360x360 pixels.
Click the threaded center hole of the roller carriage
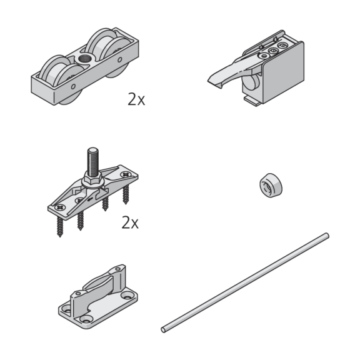click(x=85, y=59)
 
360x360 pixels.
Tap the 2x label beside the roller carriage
click(x=136, y=99)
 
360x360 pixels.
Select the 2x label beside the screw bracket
click(x=130, y=222)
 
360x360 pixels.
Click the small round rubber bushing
click(x=271, y=186)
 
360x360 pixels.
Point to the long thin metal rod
click(x=245, y=283)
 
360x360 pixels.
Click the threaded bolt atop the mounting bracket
click(x=93, y=162)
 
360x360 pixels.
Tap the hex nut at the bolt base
click(x=94, y=177)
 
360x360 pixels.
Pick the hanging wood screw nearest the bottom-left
click(x=60, y=226)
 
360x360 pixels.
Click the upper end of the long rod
click(x=327, y=236)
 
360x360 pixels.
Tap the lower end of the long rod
click(x=163, y=330)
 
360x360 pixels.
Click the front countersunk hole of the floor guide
click(x=86, y=319)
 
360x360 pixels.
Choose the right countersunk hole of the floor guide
click(x=127, y=296)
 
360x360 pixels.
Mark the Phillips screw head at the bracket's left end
click(x=60, y=207)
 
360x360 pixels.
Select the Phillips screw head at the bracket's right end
click(x=126, y=174)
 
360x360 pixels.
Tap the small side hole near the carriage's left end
click(x=73, y=86)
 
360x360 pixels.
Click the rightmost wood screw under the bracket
click(x=126, y=194)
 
